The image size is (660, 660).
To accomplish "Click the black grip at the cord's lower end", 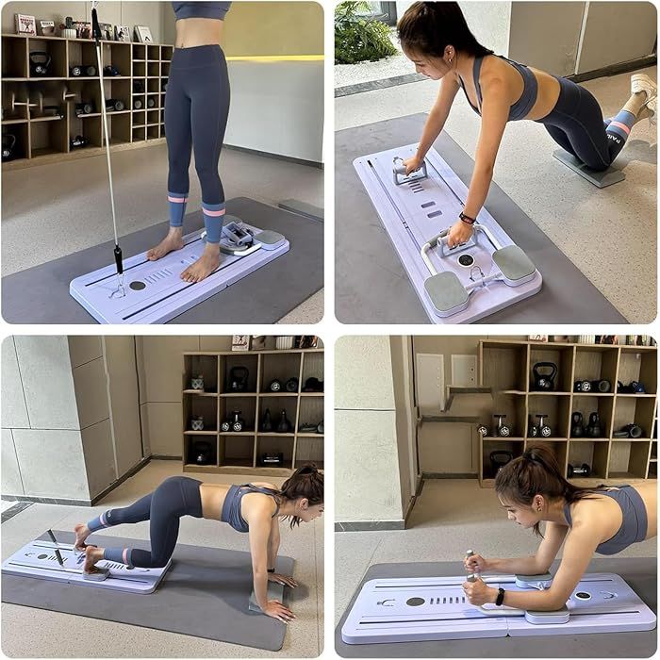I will click(119, 257).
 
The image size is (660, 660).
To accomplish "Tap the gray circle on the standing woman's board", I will click(138, 285).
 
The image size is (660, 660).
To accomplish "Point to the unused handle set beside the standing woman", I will click(238, 239).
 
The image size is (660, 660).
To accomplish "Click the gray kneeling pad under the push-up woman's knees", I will click(588, 168).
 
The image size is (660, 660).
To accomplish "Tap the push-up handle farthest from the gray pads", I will click(411, 170).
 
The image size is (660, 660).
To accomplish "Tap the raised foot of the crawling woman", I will click(82, 536).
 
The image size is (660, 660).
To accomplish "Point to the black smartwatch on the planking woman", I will click(500, 597).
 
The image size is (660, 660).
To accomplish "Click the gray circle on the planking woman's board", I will click(415, 601).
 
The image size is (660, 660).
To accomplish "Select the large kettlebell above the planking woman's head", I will click(544, 377).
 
